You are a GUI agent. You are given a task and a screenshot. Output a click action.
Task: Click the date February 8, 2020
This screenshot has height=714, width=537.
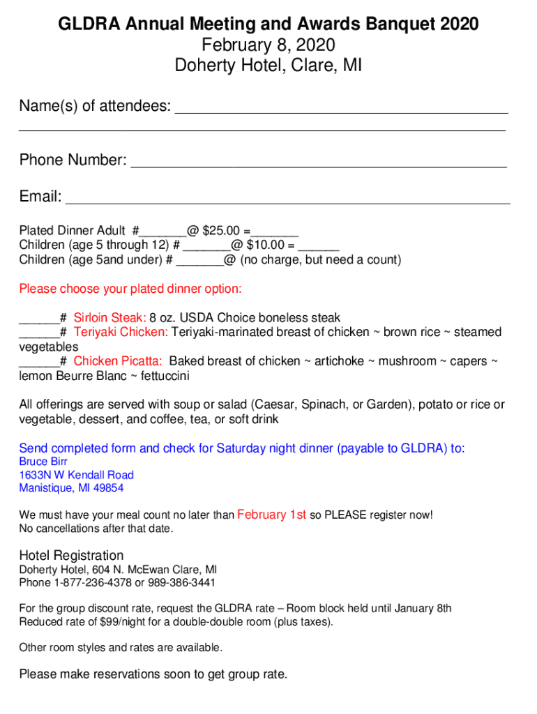coord(268,46)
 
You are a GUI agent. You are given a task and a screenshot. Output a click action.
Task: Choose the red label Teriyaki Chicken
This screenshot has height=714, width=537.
coord(121,333)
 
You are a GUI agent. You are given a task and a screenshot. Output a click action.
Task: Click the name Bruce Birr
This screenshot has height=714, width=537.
coord(43,462)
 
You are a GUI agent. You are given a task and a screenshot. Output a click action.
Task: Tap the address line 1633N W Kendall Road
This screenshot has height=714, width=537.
coord(77,475)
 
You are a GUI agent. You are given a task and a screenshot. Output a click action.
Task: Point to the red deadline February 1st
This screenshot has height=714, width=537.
coord(272,515)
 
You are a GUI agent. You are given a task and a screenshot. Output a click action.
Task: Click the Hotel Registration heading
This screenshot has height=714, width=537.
coord(71,555)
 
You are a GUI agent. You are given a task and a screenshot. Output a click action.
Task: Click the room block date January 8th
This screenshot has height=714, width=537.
coord(423,608)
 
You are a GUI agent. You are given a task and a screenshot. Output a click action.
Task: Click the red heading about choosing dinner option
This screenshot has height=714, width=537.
coord(130,289)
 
